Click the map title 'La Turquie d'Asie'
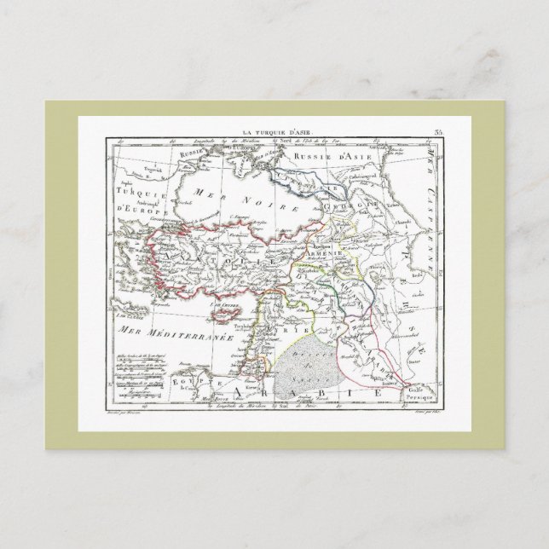[x=278, y=132]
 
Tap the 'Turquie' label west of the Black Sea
[x=136, y=195]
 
